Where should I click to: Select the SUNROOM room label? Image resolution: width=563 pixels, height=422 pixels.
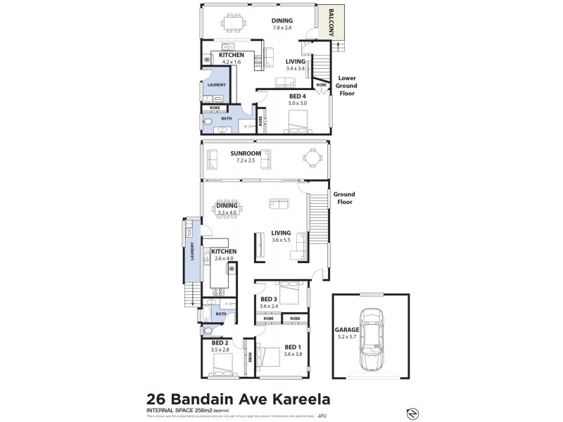tap(246, 153)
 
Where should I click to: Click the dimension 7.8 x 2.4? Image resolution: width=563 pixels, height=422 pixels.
tap(282, 29)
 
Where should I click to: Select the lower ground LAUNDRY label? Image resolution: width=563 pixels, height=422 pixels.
tap(216, 85)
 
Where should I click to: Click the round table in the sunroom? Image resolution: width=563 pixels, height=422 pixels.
tap(309, 159)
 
